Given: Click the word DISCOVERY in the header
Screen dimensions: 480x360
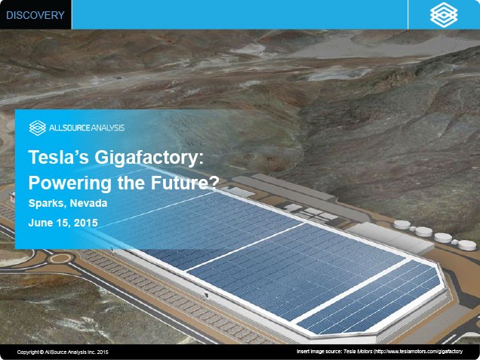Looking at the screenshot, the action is (x=35, y=15).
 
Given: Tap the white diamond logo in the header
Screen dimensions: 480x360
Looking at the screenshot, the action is (x=444, y=14).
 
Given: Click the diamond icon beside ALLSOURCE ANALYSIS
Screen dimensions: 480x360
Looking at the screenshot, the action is (x=38, y=128).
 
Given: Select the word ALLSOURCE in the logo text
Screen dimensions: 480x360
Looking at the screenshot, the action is (x=69, y=128).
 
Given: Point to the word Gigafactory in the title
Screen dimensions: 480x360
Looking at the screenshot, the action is (x=149, y=158).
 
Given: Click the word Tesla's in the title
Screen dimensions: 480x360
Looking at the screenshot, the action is (x=59, y=157).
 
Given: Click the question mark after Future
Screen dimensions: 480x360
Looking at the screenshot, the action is (x=214, y=183).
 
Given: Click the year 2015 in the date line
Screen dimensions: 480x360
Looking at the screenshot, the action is (x=86, y=223).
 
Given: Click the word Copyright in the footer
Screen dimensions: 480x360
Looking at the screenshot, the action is (x=28, y=352).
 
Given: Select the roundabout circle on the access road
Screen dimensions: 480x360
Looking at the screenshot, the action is (x=60, y=259).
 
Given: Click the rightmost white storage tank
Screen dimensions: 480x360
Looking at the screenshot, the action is (x=467, y=245).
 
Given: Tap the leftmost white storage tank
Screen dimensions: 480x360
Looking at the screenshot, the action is (x=402, y=225).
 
